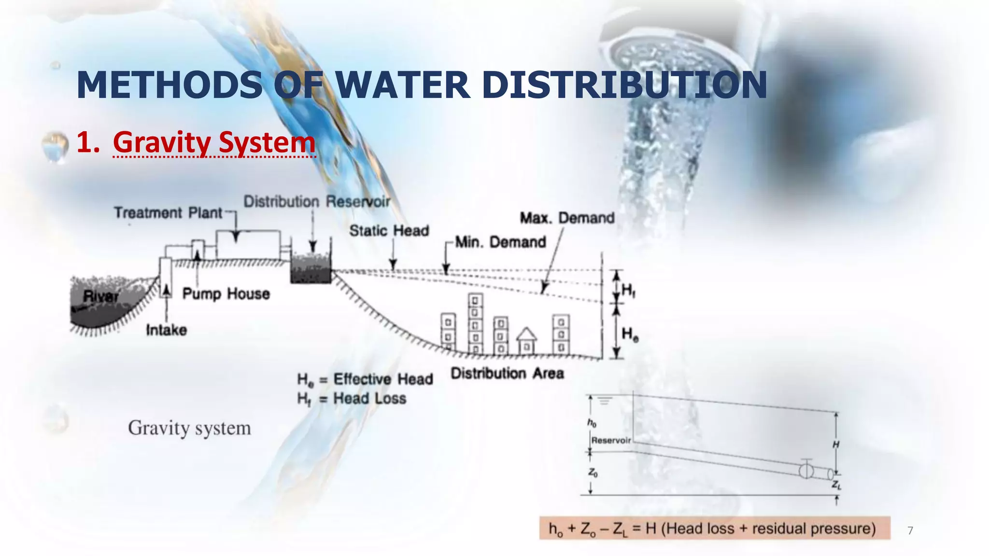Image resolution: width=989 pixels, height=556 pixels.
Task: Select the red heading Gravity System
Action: [x=214, y=142]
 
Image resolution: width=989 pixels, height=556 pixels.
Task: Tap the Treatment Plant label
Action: [x=168, y=213]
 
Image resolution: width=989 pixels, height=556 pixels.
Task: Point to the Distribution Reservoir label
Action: [x=316, y=202]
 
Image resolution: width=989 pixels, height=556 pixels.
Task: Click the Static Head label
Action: [x=389, y=231]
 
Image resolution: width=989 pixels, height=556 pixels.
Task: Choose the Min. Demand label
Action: [x=500, y=242]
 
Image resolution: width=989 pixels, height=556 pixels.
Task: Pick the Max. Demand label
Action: [x=567, y=218]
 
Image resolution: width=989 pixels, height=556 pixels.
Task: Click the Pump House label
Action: [x=226, y=293]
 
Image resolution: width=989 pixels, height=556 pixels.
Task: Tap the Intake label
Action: [x=167, y=330]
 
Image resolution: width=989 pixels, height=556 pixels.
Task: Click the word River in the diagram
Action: [x=100, y=296]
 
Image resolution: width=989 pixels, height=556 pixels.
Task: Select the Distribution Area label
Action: [x=507, y=374]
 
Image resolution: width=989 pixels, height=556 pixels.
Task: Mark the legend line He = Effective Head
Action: [x=365, y=379]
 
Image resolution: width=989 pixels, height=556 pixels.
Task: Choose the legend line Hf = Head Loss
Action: [x=352, y=399]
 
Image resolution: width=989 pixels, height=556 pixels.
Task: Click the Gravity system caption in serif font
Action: [x=189, y=428]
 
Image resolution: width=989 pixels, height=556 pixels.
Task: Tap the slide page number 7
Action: [x=910, y=531]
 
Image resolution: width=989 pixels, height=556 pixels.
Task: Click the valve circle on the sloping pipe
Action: [x=806, y=470]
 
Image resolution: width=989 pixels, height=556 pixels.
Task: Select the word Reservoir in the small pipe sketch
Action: [x=611, y=441]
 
